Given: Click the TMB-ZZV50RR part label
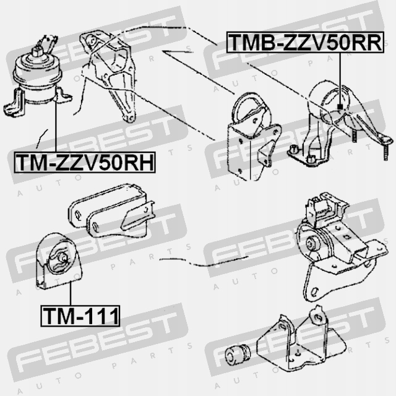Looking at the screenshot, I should tap(306, 43).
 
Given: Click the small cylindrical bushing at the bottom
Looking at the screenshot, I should tap(238, 353).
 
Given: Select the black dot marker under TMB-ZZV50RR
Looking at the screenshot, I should tap(340, 109).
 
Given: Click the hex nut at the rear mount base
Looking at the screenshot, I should tap(293, 148).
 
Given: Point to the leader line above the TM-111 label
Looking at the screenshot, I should tap(71, 292).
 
